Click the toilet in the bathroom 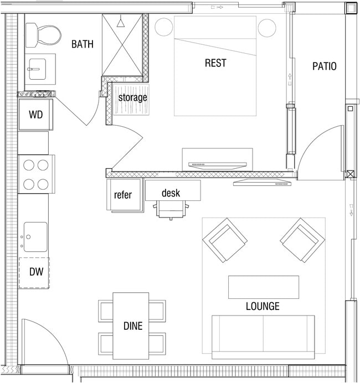tap(44, 35)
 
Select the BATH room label tap(82, 44)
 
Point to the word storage tap(133, 98)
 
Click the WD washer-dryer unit tap(35, 115)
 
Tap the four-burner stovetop tap(36, 174)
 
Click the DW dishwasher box tap(34, 272)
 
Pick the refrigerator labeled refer tap(122, 195)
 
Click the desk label tap(171, 193)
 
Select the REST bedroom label tap(215, 63)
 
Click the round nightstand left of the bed tap(163, 27)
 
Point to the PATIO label tap(324, 66)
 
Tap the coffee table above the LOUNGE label tap(263, 287)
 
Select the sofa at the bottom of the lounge tap(263, 337)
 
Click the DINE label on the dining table tap(132, 326)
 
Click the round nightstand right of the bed tap(267, 27)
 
